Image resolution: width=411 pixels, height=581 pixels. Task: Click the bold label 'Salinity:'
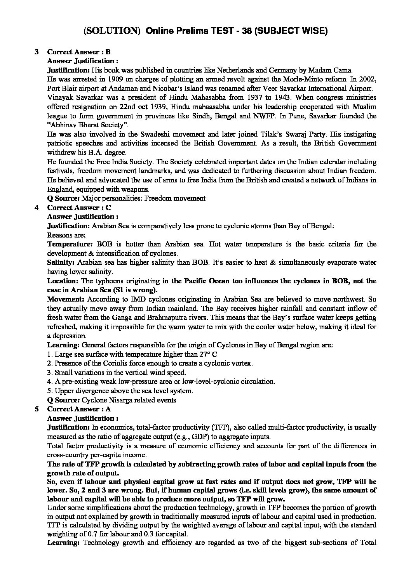pyautogui.click(x=59, y=262)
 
